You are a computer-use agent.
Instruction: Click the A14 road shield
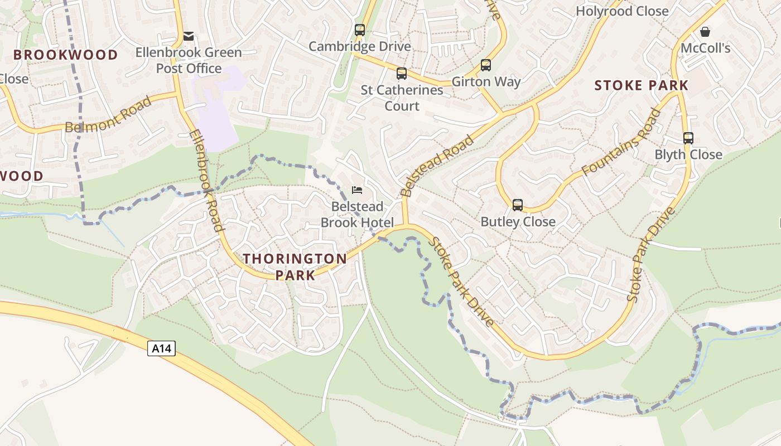[162, 349]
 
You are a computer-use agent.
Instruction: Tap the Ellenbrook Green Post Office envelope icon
[189, 37]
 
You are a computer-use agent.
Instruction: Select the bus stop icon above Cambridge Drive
[360, 30]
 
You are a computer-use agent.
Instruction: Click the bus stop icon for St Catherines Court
[402, 74]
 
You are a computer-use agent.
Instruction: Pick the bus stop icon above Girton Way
[486, 65]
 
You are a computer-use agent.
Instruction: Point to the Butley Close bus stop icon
[518, 205]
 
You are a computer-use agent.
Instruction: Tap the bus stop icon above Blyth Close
[688, 138]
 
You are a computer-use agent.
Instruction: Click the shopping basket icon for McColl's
[705, 32]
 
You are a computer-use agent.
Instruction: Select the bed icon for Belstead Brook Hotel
[357, 190]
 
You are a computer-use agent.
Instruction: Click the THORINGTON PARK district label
[295, 266]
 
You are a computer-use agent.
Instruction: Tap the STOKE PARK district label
[642, 85]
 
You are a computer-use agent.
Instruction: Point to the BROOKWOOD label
[66, 55]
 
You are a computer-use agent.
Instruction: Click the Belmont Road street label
[108, 114]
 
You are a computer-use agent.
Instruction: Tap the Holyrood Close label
[622, 11]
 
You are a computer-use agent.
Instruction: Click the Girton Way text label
[486, 82]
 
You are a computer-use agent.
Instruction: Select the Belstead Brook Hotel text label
[357, 215]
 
